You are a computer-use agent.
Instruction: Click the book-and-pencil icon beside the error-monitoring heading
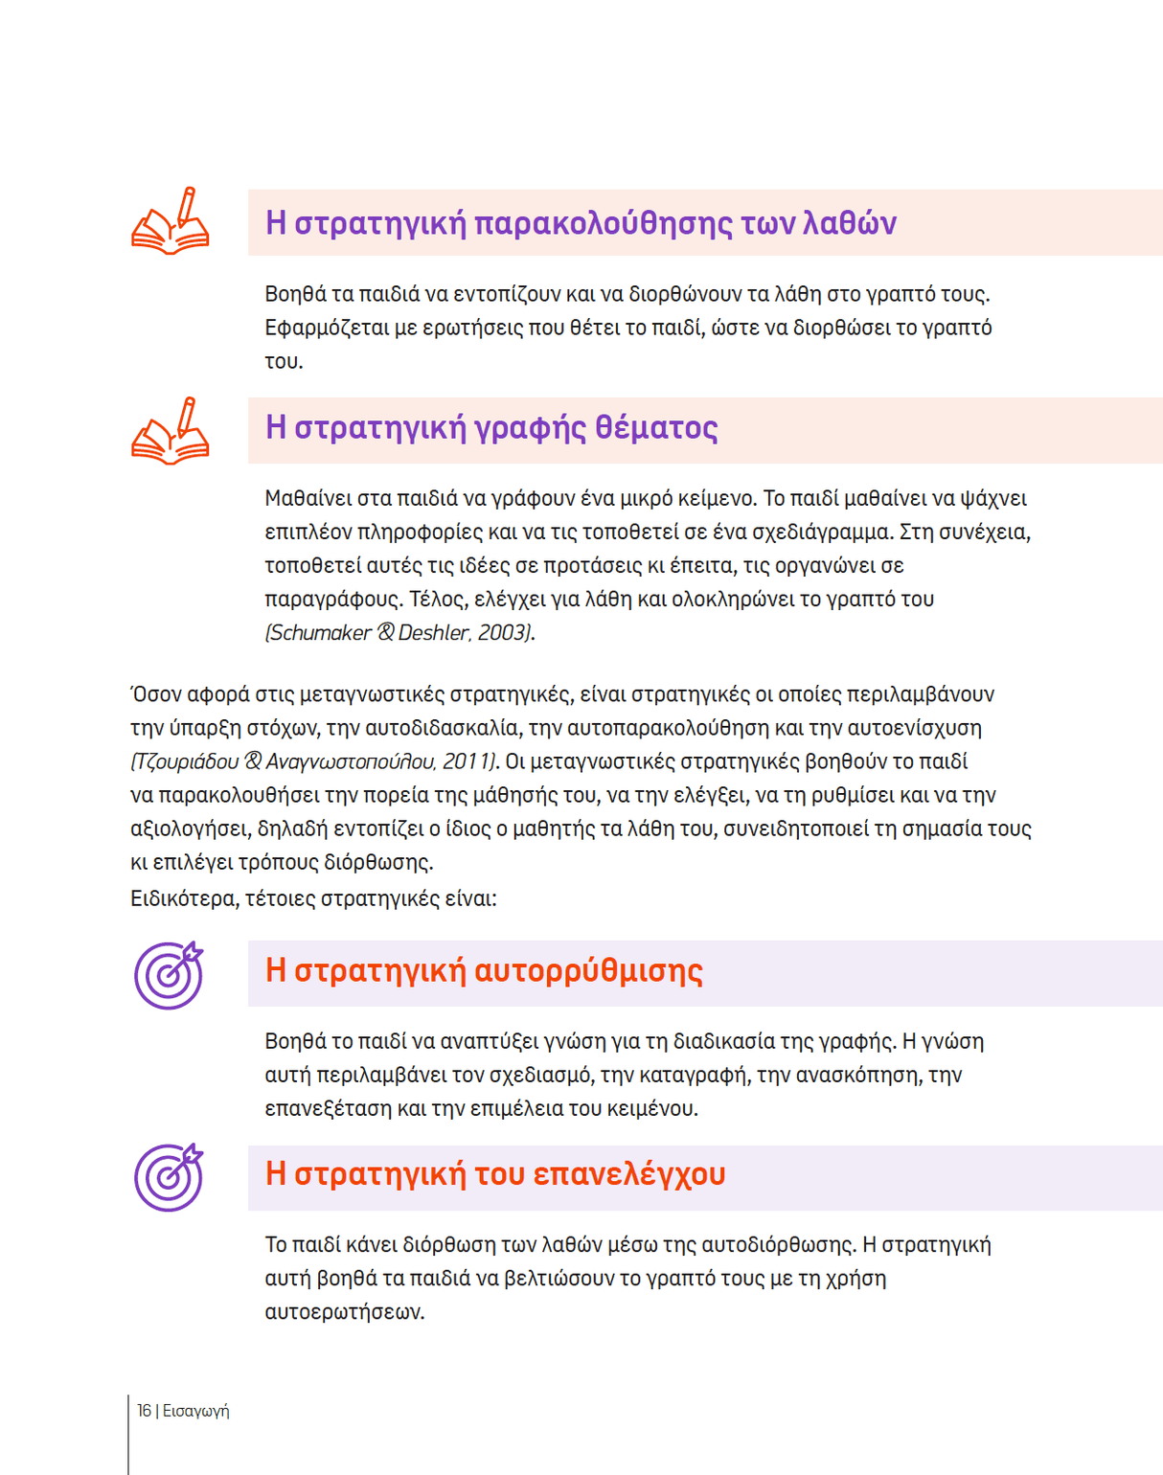[171, 222]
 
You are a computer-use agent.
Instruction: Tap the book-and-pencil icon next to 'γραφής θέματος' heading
[171, 432]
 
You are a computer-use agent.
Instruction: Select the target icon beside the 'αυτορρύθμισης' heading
[169, 976]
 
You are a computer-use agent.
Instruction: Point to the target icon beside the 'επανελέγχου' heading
[169, 1177]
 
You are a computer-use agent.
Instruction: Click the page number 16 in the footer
[144, 1411]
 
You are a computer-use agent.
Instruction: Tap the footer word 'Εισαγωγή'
[195, 1411]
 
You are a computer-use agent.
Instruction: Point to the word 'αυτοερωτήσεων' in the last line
[344, 1312]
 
